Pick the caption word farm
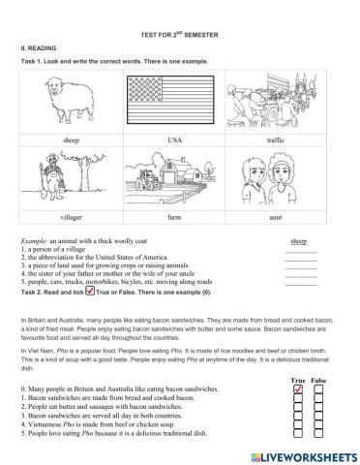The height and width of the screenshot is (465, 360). (174, 219)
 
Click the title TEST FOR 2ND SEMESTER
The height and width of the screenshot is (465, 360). (180, 34)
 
